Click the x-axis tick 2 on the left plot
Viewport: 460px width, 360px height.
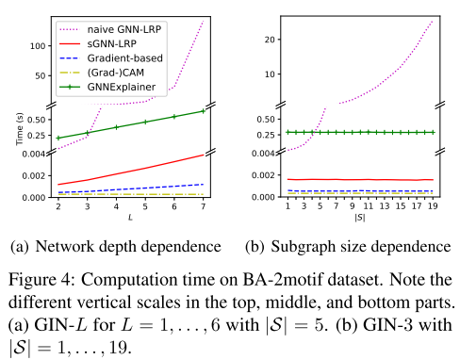pyautogui.click(x=58, y=206)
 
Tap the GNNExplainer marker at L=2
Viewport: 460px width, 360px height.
pyautogui.click(x=58, y=139)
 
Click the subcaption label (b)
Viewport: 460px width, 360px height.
pyautogui.click(x=255, y=248)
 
